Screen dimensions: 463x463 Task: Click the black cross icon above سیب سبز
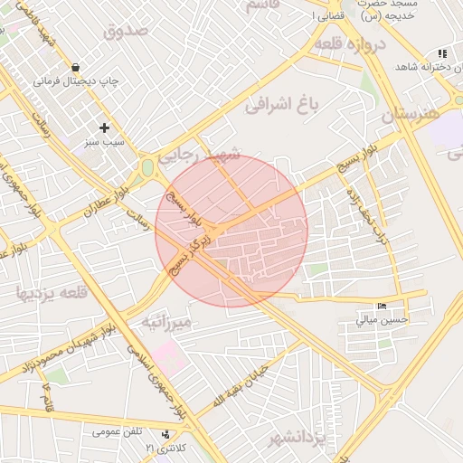[x=104, y=128]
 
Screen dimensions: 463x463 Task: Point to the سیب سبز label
[x=102, y=142]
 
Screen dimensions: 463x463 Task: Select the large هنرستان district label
[x=409, y=115]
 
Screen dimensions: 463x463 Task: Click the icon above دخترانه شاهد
[x=441, y=54]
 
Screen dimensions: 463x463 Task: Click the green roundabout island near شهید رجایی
[x=147, y=168]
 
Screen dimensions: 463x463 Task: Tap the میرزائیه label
[x=165, y=322]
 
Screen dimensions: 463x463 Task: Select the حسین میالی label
[x=383, y=319]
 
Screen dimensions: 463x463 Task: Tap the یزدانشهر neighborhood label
[x=296, y=439]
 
